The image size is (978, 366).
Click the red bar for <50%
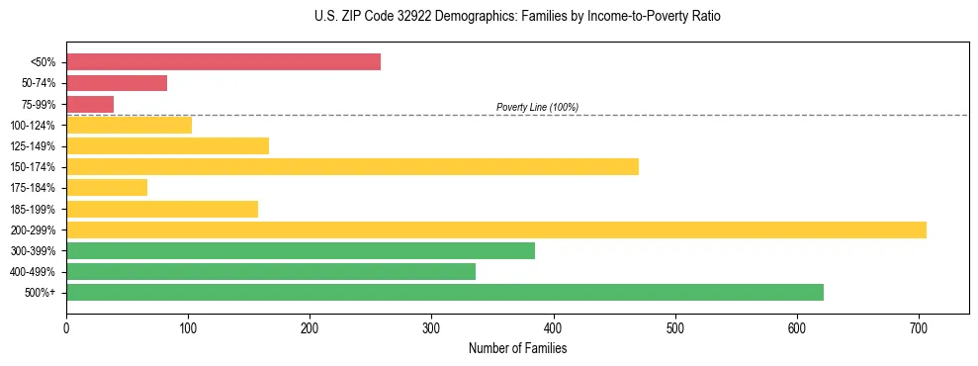click(223, 62)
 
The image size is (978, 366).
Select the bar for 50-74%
click(117, 83)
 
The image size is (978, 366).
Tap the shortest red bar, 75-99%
click(90, 104)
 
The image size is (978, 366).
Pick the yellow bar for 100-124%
click(129, 125)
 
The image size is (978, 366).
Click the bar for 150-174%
click(352, 166)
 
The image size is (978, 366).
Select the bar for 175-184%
click(107, 187)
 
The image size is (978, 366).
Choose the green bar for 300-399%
click(301, 251)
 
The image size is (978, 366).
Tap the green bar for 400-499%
click(271, 272)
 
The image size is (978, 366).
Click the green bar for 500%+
click(445, 293)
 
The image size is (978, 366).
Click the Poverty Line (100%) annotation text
click(537, 107)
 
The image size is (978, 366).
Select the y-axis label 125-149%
click(34, 146)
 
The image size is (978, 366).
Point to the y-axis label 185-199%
click(34, 209)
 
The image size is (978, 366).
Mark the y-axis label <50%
click(44, 62)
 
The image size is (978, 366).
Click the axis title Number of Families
click(517, 348)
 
